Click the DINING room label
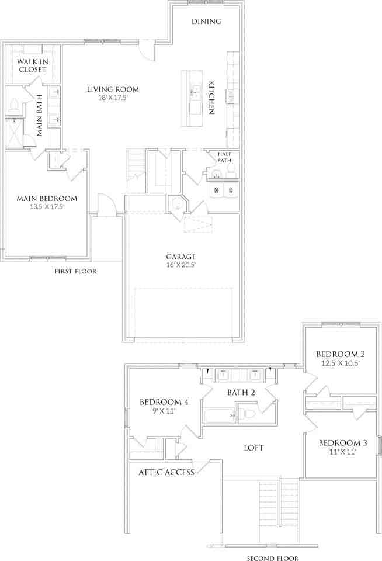pos(207,22)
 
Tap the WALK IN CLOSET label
pos(32,65)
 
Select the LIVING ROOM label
pos(113,89)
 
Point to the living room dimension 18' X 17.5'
pos(113,98)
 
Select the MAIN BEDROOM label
pos(47,198)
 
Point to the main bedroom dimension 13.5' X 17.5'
pos(47,206)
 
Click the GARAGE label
pos(180,256)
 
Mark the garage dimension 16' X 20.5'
pos(180,265)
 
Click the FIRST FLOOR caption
pos(75,271)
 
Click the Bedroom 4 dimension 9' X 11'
pos(163,411)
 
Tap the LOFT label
pos(253,448)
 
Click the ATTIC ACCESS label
pos(166,472)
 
